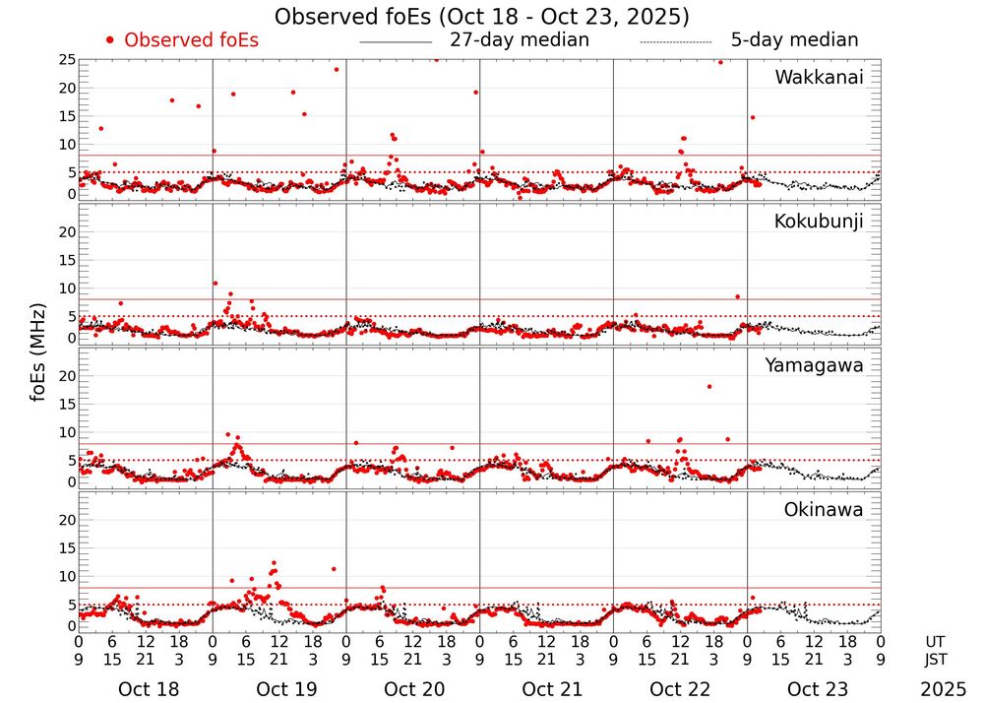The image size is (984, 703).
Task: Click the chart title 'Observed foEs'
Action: coord(481,17)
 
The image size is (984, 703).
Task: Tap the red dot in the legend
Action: coord(110,40)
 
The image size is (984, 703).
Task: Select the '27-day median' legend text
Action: coord(519,40)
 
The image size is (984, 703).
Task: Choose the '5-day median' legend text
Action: coord(794,40)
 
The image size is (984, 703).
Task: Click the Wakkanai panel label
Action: coord(819,78)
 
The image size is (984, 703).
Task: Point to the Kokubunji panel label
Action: coord(819,222)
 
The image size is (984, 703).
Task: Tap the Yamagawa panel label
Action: coord(815,365)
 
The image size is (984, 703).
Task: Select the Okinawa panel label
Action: coord(824,510)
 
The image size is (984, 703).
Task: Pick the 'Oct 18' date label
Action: coord(148,689)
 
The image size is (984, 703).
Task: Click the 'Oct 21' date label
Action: coord(548,689)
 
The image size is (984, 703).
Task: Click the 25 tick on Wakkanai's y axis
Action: coord(67,60)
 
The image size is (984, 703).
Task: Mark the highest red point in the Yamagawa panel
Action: coord(709,386)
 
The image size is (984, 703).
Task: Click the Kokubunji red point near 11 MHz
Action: coord(215,284)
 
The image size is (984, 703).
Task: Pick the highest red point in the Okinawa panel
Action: coord(274,563)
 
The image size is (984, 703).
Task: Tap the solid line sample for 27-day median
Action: coord(396,42)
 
